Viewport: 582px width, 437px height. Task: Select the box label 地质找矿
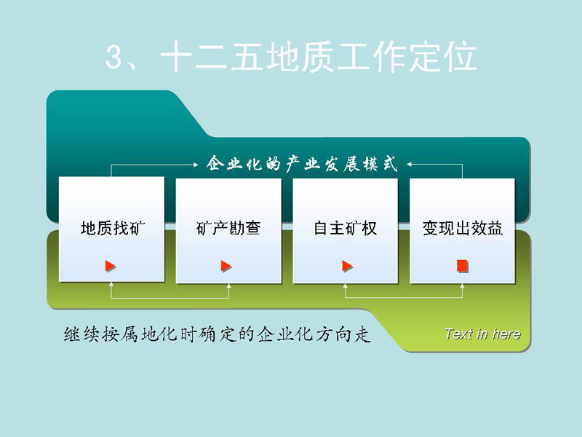pos(113,228)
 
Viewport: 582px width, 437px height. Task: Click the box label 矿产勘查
pos(228,228)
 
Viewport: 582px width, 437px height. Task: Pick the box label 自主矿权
pos(345,228)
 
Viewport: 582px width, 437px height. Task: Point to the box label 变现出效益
pos(463,228)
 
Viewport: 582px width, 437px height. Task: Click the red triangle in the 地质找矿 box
pos(111,266)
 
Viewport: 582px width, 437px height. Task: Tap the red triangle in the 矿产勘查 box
pos(226,266)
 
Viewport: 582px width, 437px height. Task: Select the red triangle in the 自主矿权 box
pos(347,266)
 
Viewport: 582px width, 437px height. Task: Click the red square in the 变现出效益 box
pos(462,266)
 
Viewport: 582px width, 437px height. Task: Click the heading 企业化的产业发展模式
pos(302,163)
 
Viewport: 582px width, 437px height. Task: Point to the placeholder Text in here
pos(482,334)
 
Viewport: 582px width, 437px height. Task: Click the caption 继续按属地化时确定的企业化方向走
pos(217,334)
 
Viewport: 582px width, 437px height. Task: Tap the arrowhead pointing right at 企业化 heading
pos(196,165)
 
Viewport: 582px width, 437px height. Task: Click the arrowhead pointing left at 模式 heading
pos(409,164)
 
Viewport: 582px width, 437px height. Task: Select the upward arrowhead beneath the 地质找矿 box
pos(111,285)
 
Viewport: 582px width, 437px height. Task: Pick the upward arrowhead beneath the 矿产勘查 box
pos(228,286)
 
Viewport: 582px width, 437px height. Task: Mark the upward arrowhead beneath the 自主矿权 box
pos(345,286)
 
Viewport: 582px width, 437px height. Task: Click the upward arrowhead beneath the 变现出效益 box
pos(462,286)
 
